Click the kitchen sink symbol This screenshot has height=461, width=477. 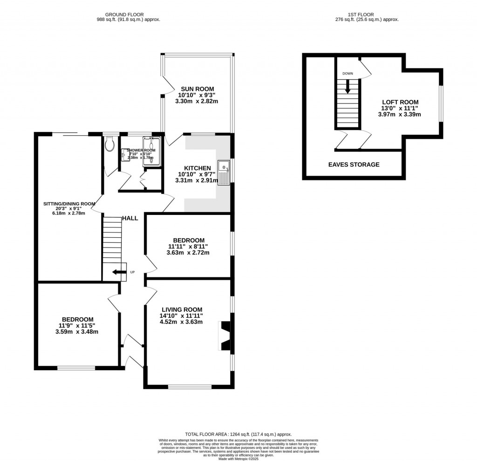coord(225,172)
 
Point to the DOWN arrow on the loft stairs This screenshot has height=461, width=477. coord(348,86)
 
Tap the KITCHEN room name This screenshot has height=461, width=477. coord(198,168)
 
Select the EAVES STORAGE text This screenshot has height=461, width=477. coord(354,165)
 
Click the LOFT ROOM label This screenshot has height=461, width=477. coord(400,102)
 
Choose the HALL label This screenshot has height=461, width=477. coord(130,218)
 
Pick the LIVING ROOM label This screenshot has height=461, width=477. coord(182,310)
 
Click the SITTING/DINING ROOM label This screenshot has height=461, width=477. coord(69,204)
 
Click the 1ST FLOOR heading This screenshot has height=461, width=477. coord(367,14)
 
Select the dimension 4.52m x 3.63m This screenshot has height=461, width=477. coord(182,321)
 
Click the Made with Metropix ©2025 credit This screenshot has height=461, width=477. coord(238,459)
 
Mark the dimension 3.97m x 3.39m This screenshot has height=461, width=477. coord(400,114)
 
